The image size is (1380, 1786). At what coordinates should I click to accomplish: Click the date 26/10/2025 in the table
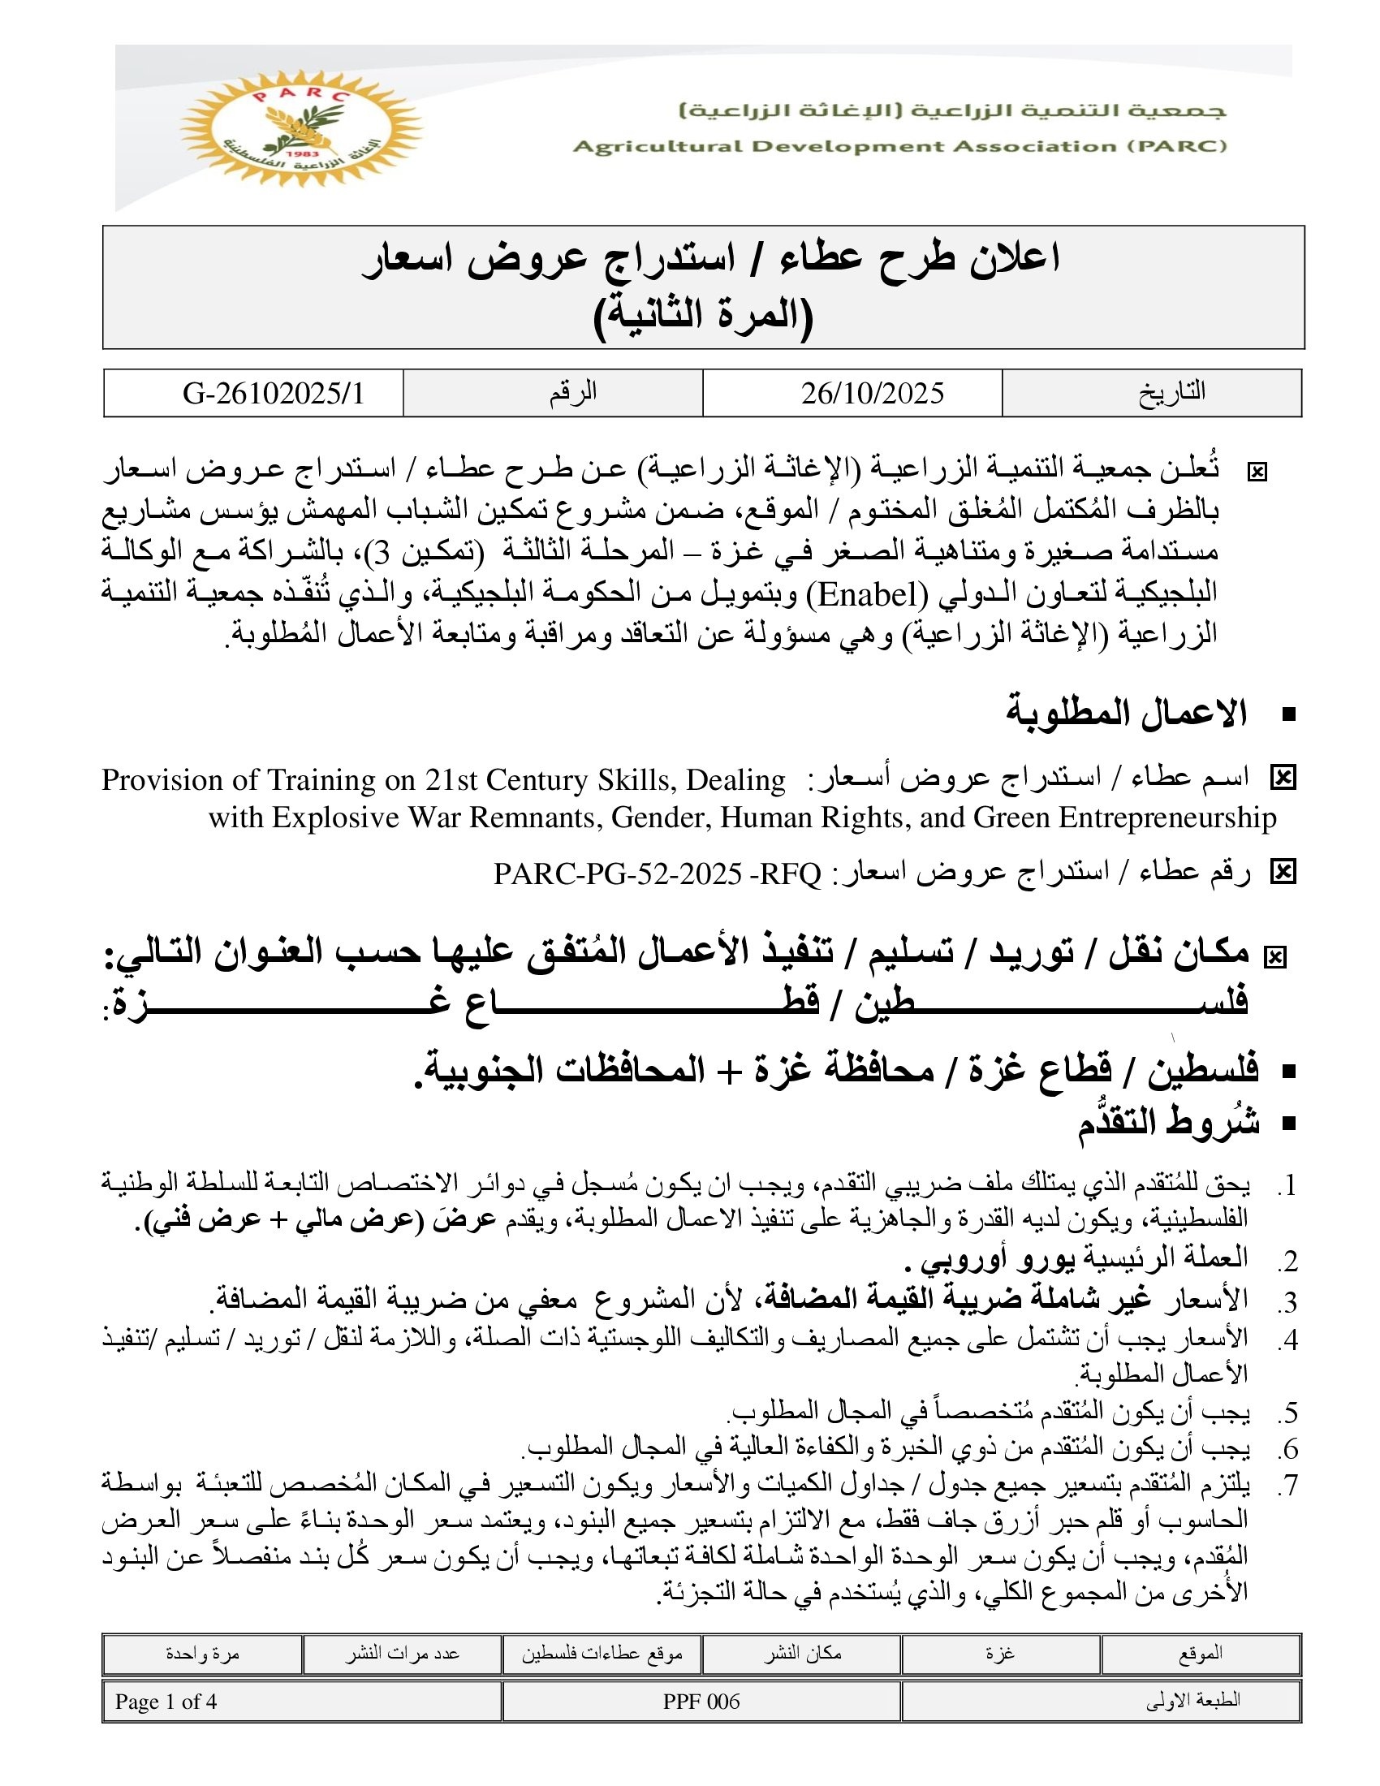(872, 394)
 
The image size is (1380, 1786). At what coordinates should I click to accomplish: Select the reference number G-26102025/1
(273, 394)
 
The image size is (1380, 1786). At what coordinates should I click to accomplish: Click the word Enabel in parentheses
(868, 594)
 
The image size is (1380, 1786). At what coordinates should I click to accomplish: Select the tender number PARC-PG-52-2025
(617, 874)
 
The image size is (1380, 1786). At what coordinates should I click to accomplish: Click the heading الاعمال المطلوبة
(1126, 713)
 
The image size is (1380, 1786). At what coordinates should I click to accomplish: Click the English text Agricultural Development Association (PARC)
(899, 146)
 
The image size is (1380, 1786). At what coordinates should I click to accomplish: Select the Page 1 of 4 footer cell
(166, 1702)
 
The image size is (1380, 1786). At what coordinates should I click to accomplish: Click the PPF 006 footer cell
(701, 1702)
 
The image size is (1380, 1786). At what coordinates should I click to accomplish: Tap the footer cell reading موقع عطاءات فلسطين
(602, 1654)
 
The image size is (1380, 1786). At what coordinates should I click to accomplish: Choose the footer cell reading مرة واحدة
(202, 1654)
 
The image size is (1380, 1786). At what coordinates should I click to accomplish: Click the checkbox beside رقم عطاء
(1283, 874)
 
